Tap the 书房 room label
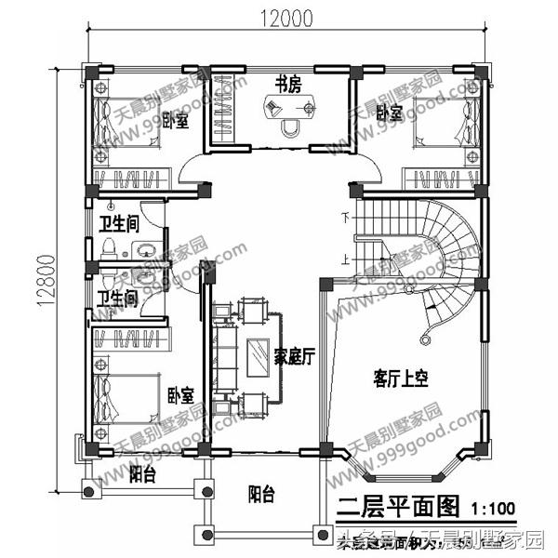(x=286, y=84)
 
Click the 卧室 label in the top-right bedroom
(x=390, y=113)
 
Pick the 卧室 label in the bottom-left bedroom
(x=181, y=395)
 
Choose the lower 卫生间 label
(x=118, y=299)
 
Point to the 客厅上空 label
(x=400, y=379)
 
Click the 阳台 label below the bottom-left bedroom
(x=141, y=476)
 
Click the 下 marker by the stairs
(x=346, y=219)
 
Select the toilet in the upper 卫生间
(x=109, y=248)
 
